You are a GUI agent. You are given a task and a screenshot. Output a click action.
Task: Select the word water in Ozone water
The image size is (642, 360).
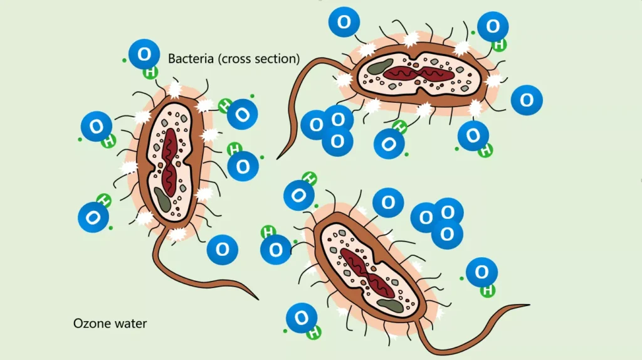click(x=129, y=324)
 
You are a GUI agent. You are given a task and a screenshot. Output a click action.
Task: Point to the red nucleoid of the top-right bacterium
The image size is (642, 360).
click(x=418, y=73)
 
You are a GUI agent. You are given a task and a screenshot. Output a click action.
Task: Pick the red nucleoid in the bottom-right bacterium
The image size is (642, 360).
click(x=367, y=270)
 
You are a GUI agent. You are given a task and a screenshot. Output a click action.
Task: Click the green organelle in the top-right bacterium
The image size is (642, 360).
click(x=379, y=67)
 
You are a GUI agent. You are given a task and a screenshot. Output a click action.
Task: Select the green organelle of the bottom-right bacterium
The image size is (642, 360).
click(x=391, y=305)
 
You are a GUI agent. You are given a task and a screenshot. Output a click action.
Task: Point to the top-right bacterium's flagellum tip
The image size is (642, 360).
click(x=278, y=157)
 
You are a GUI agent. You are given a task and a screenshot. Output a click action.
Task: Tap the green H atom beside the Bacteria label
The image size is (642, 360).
click(x=150, y=71)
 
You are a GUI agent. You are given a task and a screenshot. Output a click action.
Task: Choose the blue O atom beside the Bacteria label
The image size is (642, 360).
click(x=144, y=55)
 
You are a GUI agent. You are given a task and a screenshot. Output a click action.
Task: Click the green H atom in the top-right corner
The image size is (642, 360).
click(x=499, y=45)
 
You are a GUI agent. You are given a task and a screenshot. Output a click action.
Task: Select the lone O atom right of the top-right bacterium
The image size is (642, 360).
click(x=527, y=100)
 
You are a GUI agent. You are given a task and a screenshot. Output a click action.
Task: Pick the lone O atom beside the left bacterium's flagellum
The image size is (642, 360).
click(x=223, y=250)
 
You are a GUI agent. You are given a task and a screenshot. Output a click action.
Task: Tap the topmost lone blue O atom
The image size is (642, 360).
click(x=344, y=23)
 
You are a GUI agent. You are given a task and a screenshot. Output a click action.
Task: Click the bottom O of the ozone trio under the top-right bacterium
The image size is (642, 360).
click(x=337, y=140)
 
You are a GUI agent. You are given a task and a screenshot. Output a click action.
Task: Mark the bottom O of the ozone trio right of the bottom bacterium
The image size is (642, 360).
click(x=447, y=234)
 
